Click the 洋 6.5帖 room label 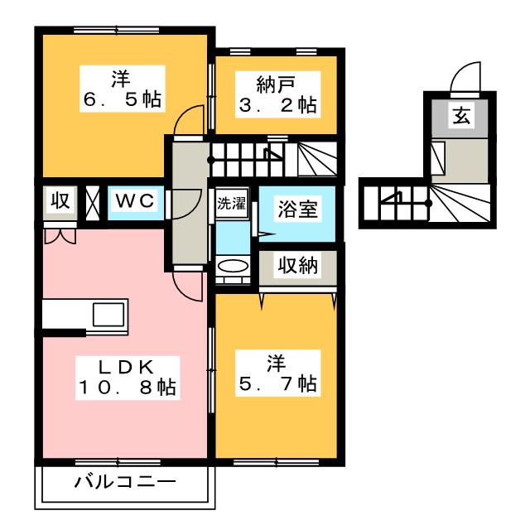[x=122, y=89]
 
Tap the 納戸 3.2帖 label [x=278, y=94]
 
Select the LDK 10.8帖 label [x=127, y=378]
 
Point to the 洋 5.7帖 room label [x=278, y=373]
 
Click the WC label [x=135, y=200]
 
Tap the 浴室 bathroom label [x=297, y=209]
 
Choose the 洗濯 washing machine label [x=232, y=203]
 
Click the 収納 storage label [x=297, y=265]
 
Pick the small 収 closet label [x=60, y=200]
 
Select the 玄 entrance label [x=461, y=114]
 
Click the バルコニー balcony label [x=125, y=482]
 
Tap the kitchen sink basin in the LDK [x=108, y=315]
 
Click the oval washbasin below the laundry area [x=233, y=265]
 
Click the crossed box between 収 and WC [x=92, y=203]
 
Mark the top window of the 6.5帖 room [x=117, y=31]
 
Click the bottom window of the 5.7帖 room [x=277, y=462]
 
